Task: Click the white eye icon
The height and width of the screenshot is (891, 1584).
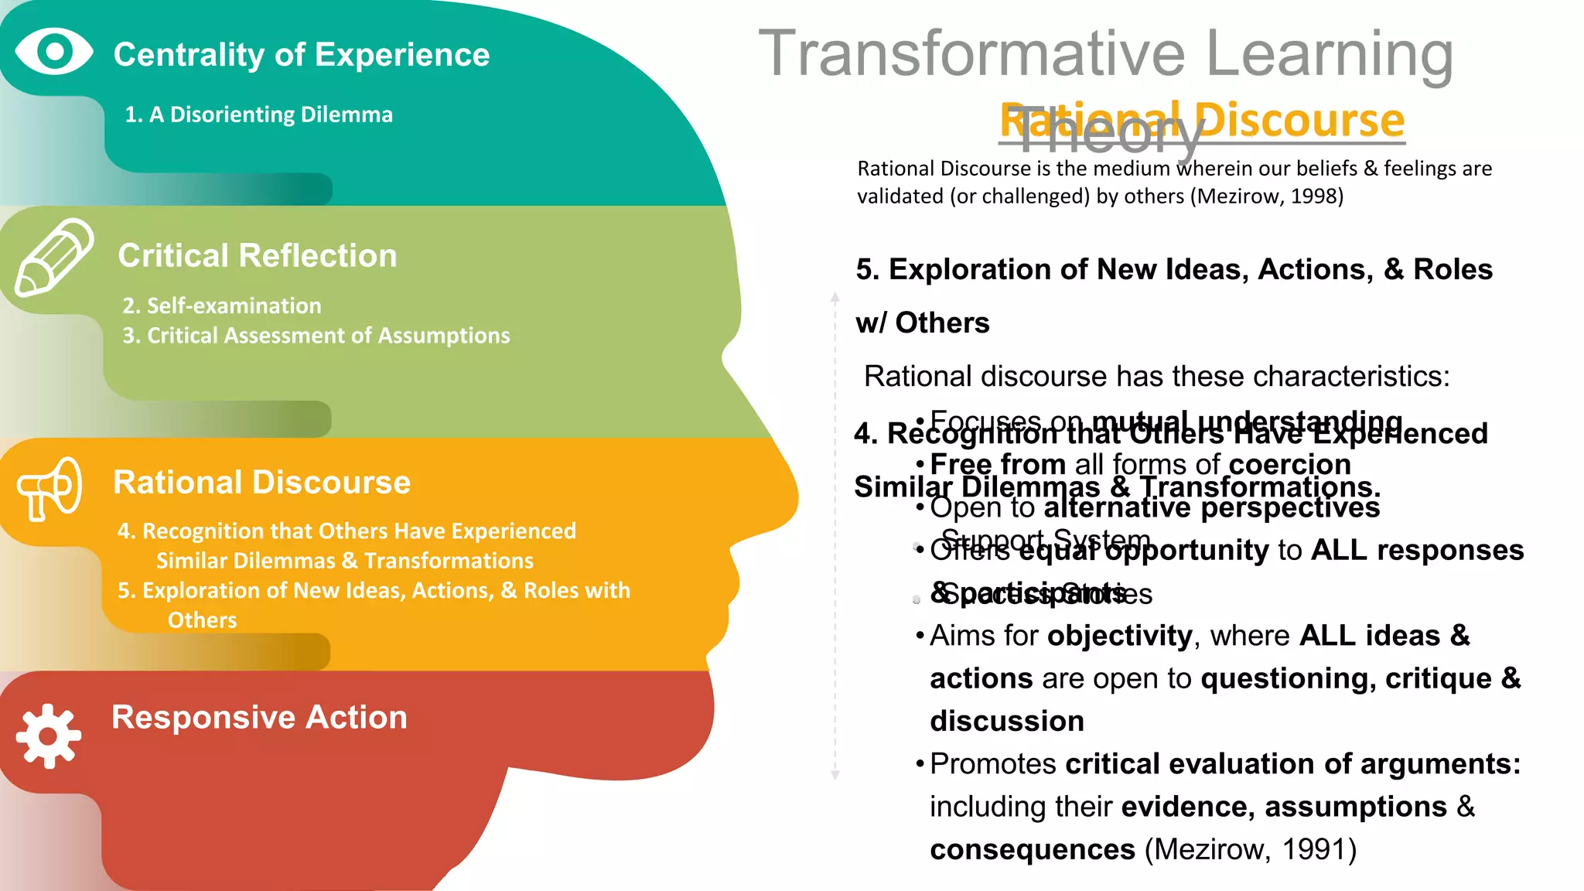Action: (x=54, y=52)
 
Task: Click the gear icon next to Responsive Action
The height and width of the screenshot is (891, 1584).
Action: (x=49, y=736)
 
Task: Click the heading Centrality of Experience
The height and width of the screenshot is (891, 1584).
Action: (x=301, y=55)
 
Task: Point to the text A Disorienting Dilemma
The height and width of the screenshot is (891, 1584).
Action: (x=271, y=114)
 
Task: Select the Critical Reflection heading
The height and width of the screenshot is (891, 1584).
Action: (x=257, y=256)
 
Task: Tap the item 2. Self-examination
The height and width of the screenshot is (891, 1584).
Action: (x=222, y=306)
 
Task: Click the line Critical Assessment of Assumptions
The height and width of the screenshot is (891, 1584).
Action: (x=328, y=336)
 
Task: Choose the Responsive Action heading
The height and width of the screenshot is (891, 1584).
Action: (x=259, y=717)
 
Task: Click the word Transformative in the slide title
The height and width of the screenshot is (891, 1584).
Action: (x=971, y=53)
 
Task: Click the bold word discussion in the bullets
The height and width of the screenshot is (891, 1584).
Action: (x=1006, y=721)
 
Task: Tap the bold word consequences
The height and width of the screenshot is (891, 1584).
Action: (x=1032, y=849)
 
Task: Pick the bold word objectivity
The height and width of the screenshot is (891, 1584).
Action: (x=1119, y=636)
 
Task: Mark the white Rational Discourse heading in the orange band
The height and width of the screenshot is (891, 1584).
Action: (x=261, y=483)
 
